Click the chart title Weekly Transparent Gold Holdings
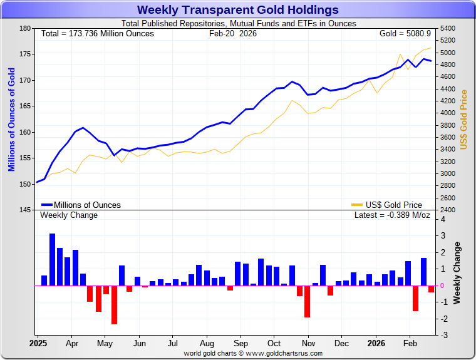click(x=238, y=10)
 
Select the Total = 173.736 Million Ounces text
click(x=97, y=33)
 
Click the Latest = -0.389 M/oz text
click(x=393, y=215)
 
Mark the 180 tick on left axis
click(x=25, y=29)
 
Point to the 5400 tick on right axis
click(x=448, y=29)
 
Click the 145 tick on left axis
click(x=25, y=210)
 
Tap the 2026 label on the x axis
click(x=376, y=344)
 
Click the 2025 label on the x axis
click(x=38, y=344)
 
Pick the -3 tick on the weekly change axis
click(x=443, y=336)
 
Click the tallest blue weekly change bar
click(x=52, y=259)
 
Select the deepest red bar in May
click(x=114, y=305)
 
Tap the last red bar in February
click(x=431, y=289)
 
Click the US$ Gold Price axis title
click(x=464, y=119)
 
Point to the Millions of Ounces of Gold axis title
click(x=11, y=119)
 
